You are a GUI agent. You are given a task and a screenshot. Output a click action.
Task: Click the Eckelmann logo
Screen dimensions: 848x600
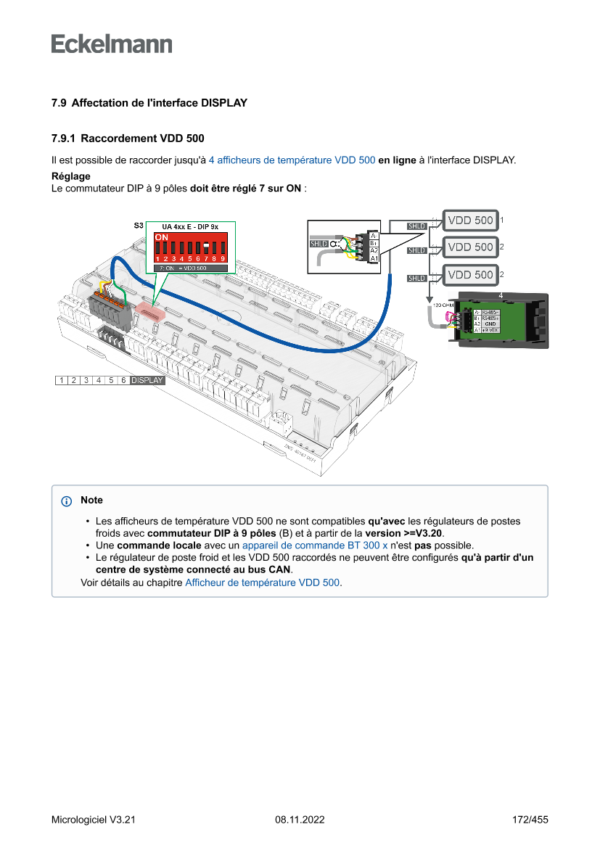[x=112, y=44]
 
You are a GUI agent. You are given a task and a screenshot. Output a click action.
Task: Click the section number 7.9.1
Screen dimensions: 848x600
[x=65, y=138]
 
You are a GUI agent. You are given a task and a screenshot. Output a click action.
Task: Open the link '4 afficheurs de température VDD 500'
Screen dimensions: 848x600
[x=292, y=160]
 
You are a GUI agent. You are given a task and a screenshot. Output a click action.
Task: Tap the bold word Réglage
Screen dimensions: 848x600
[x=70, y=176]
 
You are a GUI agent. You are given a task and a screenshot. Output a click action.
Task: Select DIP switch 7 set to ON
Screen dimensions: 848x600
[x=206, y=247]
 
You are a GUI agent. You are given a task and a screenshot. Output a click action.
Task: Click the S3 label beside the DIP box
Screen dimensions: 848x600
[x=138, y=226]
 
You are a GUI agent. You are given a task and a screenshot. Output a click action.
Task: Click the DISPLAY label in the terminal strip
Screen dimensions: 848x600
[x=147, y=380]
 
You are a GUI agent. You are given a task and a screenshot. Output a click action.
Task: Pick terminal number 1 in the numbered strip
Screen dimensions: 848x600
[x=62, y=380]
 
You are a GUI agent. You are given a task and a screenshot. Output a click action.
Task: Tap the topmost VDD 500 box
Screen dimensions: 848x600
[x=470, y=221]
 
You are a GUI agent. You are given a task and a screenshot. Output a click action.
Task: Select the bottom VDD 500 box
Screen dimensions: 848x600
[x=470, y=275]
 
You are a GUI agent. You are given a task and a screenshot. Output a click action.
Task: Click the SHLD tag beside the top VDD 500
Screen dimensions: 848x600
[x=416, y=226]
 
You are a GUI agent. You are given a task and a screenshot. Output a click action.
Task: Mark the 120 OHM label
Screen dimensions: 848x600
[x=443, y=305]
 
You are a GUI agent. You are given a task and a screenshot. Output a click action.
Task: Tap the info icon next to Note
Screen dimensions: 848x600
[x=67, y=501]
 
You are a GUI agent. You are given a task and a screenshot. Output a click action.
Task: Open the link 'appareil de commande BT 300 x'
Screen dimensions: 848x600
[x=315, y=545]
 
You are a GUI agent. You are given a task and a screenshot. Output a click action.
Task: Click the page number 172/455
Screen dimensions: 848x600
[x=530, y=820]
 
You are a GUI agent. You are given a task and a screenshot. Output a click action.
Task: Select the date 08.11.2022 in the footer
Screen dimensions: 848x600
[x=300, y=820]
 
